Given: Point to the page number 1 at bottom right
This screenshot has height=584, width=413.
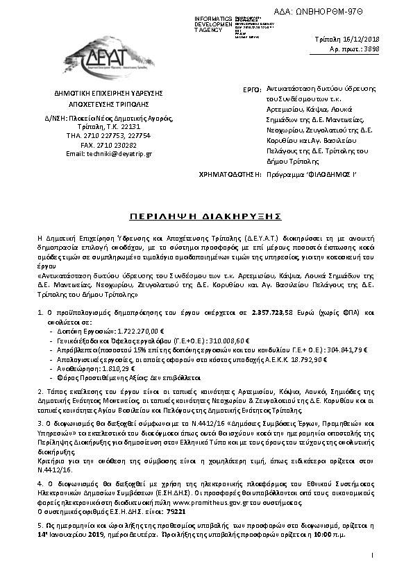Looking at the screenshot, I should (373, 574).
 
